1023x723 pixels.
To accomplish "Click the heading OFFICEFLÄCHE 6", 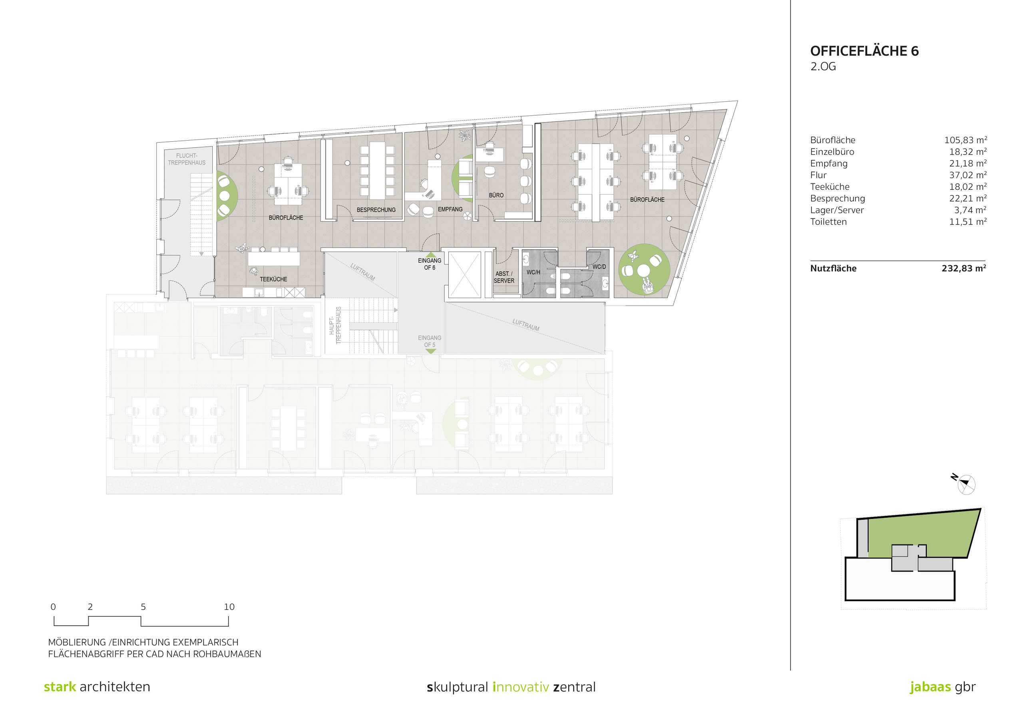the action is [864, 51].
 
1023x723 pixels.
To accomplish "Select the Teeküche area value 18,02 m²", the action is [968, 187].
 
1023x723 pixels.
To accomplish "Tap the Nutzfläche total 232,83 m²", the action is [964, 268].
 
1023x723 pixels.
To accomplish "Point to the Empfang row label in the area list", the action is [829, 163].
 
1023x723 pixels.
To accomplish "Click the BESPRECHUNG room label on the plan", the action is [376, 210].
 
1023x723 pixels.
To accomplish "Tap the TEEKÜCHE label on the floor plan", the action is [274, 279].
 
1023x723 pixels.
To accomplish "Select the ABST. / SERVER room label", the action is [504, 277].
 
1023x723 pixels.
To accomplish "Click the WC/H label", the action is [533, 272].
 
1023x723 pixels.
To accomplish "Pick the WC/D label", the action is [599, 267].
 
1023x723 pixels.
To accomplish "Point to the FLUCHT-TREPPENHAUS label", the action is [187, 159].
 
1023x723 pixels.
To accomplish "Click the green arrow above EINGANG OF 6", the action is [431, 254].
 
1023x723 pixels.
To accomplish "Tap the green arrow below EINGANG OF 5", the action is [430, 352].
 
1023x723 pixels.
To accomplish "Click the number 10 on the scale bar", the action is [229, 607].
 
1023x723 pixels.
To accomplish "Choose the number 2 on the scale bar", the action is [90, 607].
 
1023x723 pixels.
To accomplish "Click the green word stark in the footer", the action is [60, 687].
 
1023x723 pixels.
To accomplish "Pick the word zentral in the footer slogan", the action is [574, 687].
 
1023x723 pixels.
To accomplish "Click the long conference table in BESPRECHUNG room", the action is [377, 171].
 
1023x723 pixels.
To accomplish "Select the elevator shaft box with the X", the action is [464, 275].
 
